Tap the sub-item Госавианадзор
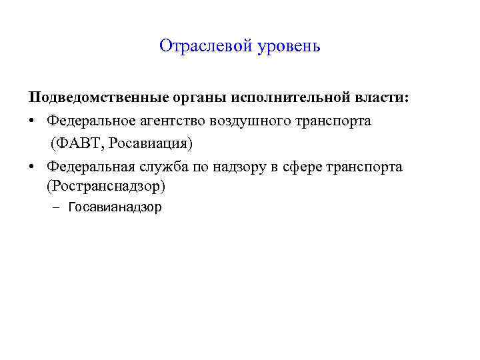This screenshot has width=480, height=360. [x=115, y=207]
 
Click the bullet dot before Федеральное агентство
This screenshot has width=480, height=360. [x=32, y=121]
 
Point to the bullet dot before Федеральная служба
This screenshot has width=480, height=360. [x=32, y=167]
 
